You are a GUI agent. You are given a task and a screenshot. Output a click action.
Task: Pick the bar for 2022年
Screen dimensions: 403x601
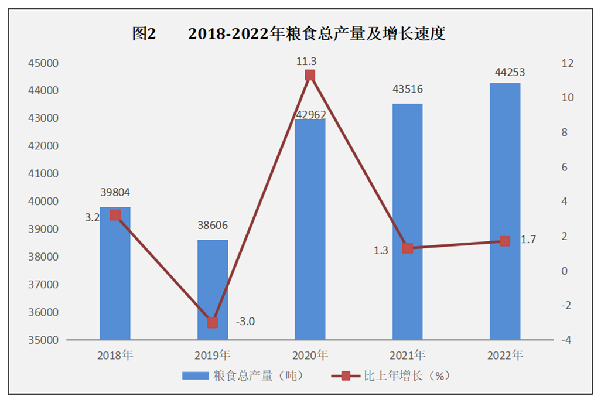click(505, 211)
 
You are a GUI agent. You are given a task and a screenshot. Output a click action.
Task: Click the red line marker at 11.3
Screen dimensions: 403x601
click(310, 76)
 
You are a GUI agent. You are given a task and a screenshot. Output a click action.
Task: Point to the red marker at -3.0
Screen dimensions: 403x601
click(213, 323)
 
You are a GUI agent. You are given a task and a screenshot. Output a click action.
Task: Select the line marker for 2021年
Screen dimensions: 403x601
click(408, 248)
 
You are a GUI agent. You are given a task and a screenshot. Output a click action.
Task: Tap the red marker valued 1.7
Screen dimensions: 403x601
click(505, 241)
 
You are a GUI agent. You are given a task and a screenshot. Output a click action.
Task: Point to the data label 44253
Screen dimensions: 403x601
click(505, 73)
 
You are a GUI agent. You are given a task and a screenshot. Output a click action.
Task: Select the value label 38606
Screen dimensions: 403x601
click(213, 226)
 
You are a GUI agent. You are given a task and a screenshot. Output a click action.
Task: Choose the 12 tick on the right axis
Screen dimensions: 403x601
click(568, 63)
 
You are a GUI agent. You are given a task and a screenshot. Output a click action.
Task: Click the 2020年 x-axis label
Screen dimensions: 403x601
click(310, 355)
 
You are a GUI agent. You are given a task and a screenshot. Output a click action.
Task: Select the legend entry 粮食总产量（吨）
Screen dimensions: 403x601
click(243, 375)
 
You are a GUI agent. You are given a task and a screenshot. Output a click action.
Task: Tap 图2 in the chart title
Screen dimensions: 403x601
click(144, 34)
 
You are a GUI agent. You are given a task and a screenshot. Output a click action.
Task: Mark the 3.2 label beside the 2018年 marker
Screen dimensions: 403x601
click(93, 217)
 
